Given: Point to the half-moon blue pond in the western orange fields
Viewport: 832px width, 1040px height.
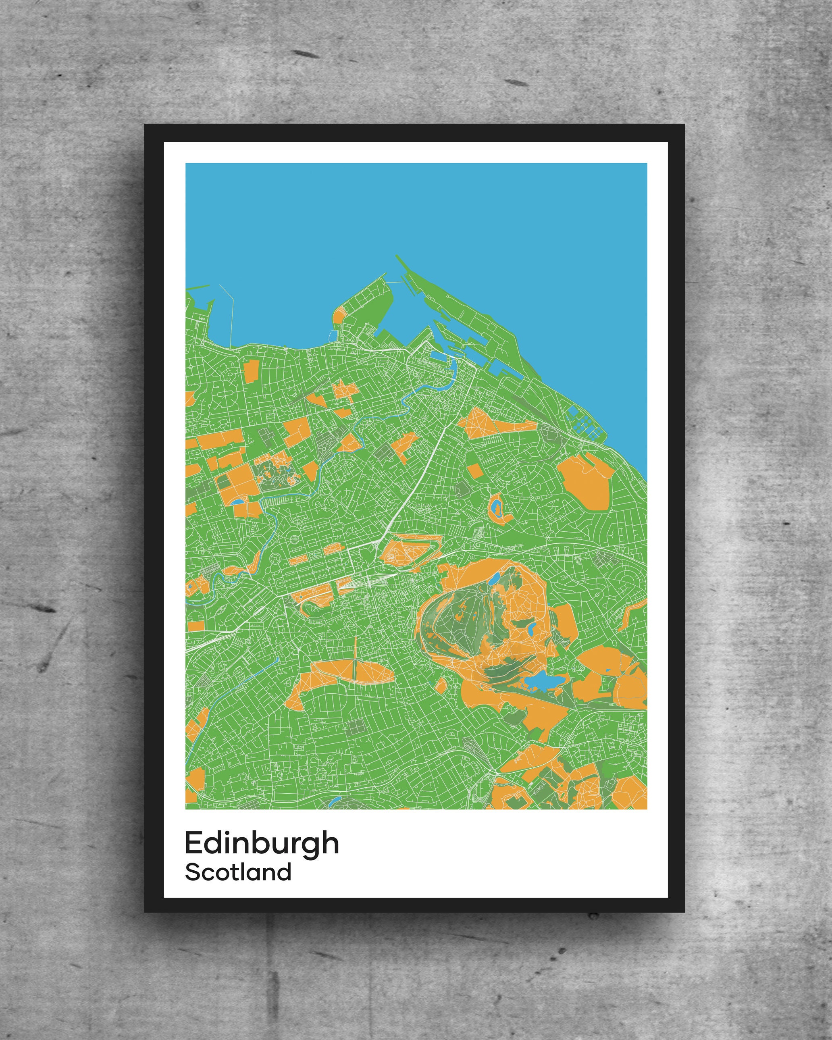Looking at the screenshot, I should (x=238, y=502).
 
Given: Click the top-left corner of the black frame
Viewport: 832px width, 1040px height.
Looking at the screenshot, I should (x=145, y=125).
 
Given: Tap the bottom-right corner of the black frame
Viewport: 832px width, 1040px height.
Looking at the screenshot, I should (x=684, y=912).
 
